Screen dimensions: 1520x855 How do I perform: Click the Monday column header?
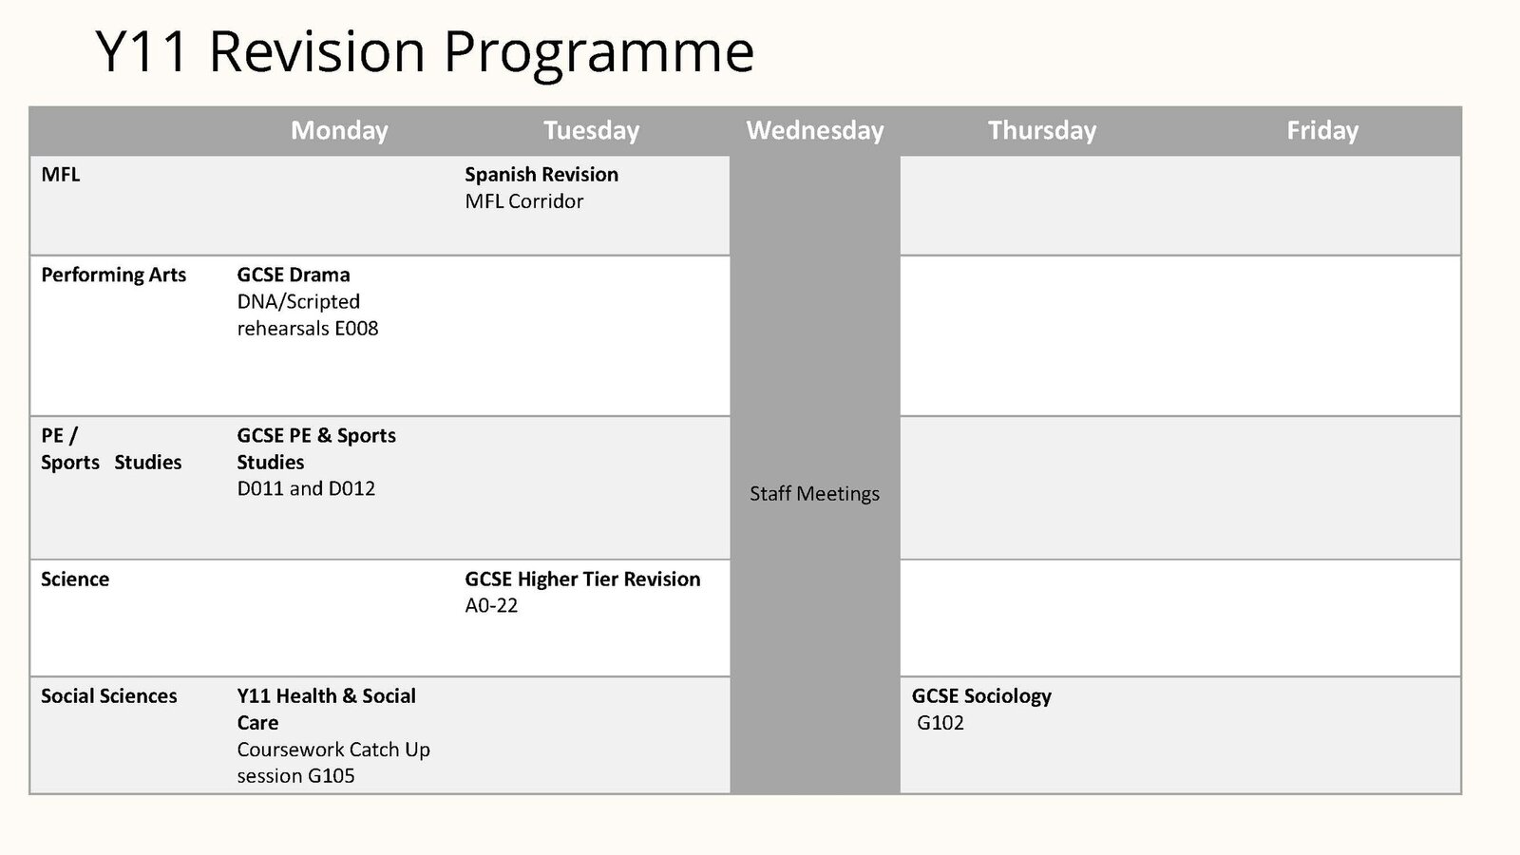[x=339, y=131]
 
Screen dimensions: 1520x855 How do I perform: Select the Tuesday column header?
[x=591, y=131]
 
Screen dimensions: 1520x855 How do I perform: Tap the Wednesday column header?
[x=815, y=131]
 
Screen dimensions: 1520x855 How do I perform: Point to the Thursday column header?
[x=1042, y=131]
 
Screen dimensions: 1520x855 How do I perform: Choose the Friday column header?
[x=1322, y=131]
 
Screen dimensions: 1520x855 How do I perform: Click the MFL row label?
[x=61, y=175]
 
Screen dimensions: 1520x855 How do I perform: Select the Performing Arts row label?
[x=113, y=275]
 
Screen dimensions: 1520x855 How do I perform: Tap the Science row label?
[x=75, y=579]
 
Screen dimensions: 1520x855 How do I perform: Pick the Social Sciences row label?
[x=108, y=696]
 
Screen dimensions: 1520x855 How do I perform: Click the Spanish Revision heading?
[x=541, y=175]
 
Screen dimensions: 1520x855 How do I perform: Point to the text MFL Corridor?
[x=523, y=201]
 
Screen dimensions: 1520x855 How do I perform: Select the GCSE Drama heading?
[x=294, y=275]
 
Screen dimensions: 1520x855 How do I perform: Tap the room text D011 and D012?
[x=306, y=488]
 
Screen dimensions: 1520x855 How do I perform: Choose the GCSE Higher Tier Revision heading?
[x=582, y=579]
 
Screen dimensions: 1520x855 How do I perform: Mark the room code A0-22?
[x=491, y=605]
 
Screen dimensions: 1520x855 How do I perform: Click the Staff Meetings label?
[x=814, y=494]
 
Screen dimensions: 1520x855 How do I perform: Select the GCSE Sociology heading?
[x=981, y=696]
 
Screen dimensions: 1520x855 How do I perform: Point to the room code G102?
[x=940, y=723]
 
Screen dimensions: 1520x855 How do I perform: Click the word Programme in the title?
[x=598, y=53]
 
